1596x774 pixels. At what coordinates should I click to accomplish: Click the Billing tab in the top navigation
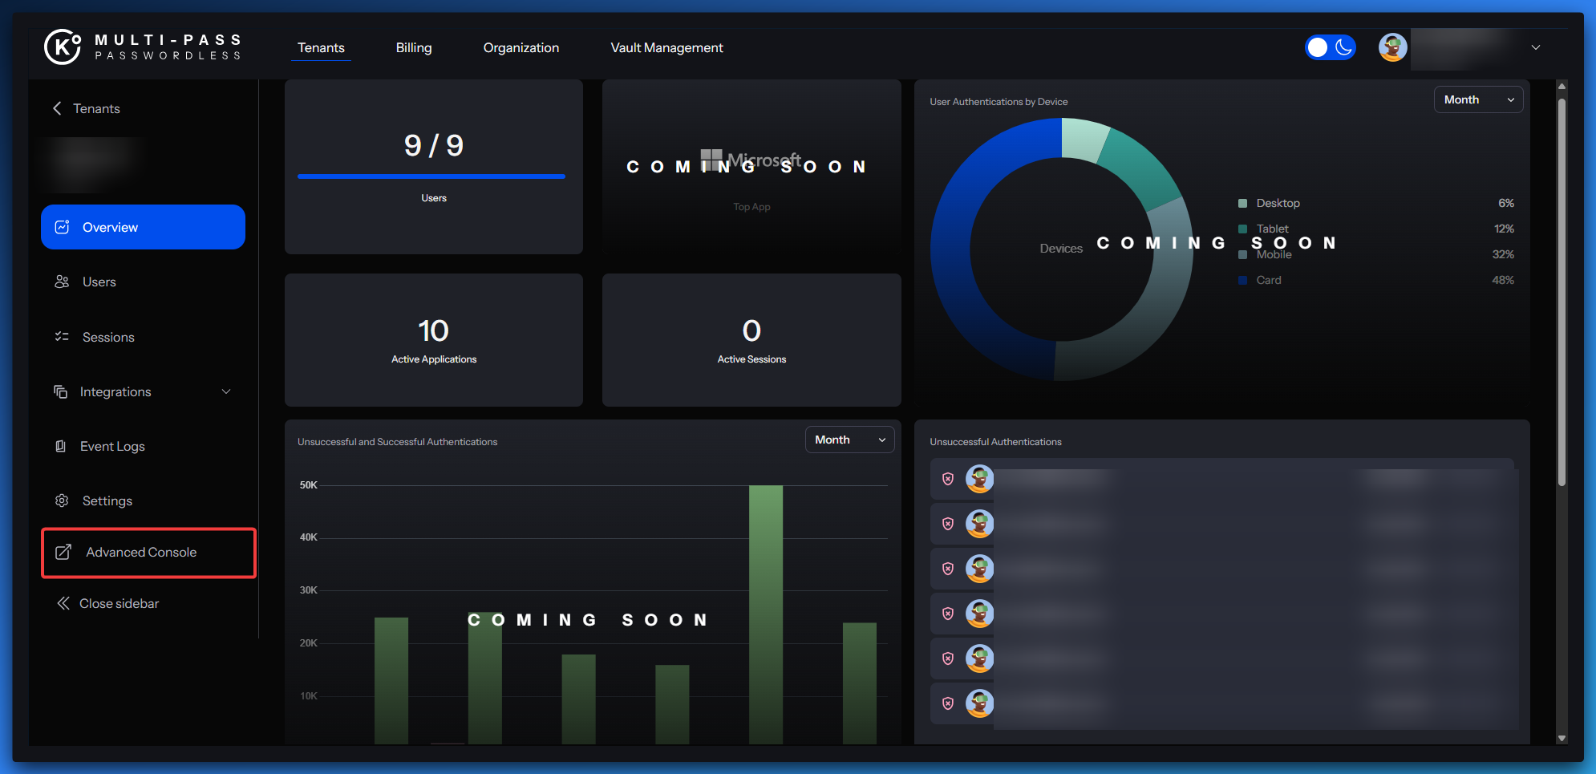coord(413,48)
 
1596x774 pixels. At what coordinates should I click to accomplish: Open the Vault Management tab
coord(666,48)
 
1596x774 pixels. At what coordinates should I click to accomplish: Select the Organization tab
coord(521,48)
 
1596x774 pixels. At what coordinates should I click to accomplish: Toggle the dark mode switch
coord(1330,48)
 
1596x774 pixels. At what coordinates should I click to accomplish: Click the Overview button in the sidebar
coord(143,227)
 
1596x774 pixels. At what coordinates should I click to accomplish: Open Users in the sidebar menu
coord(99,282)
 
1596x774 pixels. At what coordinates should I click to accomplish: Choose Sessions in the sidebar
coord(107,338)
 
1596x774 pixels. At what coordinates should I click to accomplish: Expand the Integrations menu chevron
coord(226,392)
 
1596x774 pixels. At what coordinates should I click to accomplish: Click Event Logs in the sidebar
coord(111,447)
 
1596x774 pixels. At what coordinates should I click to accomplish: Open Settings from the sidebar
coord(107,501)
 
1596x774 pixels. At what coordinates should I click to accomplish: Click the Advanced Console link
coord(140,553)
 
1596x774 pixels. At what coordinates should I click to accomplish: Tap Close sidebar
coord(118,604)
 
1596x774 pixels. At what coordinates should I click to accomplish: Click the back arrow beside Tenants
coord(57,108)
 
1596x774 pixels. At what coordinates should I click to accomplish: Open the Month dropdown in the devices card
coord(1477,100)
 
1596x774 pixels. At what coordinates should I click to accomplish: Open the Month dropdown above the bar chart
coord(849,440)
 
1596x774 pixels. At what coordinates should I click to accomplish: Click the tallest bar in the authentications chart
coord(765,614)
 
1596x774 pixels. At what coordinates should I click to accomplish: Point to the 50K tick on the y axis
coord(308,485)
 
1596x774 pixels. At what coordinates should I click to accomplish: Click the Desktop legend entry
coord(1277,204)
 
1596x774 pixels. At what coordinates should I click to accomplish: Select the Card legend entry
coord(1268,281)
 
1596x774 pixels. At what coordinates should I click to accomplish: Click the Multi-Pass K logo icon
coord(63,47)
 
